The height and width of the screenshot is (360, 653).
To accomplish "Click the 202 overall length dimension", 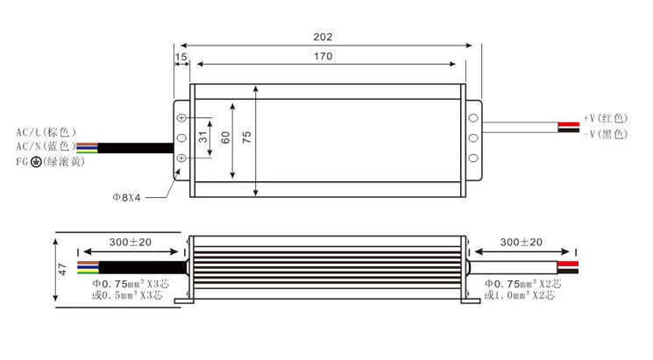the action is [323, 37].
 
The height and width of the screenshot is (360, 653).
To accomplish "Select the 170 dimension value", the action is [323, 56].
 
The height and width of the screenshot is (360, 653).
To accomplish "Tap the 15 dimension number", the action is [181, 57].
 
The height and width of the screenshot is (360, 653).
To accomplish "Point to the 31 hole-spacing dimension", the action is [202, 137].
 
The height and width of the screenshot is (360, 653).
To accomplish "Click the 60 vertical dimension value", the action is [225, 138].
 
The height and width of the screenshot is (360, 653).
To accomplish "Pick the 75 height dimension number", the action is [246, 138].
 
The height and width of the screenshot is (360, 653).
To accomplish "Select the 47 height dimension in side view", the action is [62, 269].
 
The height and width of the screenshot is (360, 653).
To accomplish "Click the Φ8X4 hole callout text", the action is [126, 197].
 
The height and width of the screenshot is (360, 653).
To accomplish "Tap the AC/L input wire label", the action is [46, 132].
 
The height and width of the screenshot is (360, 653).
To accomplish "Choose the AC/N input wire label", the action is [46, 146].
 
